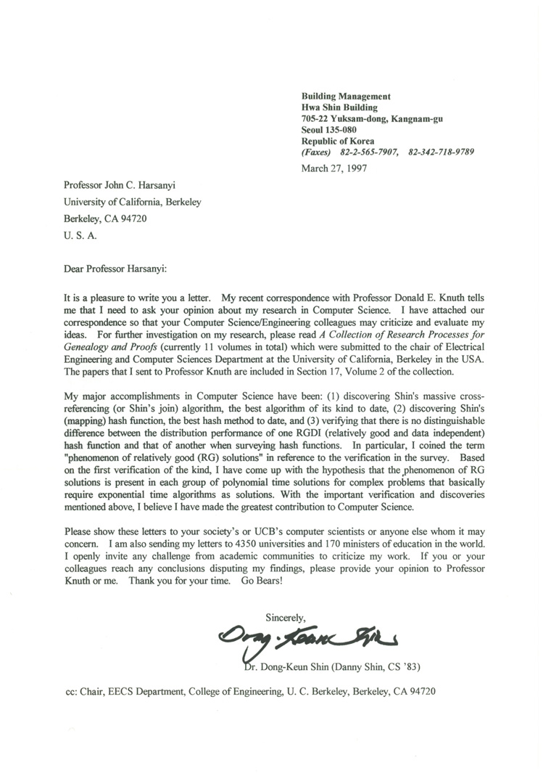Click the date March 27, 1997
pos(333,168)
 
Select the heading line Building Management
pos(346,97)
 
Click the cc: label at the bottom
pos(72,693)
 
